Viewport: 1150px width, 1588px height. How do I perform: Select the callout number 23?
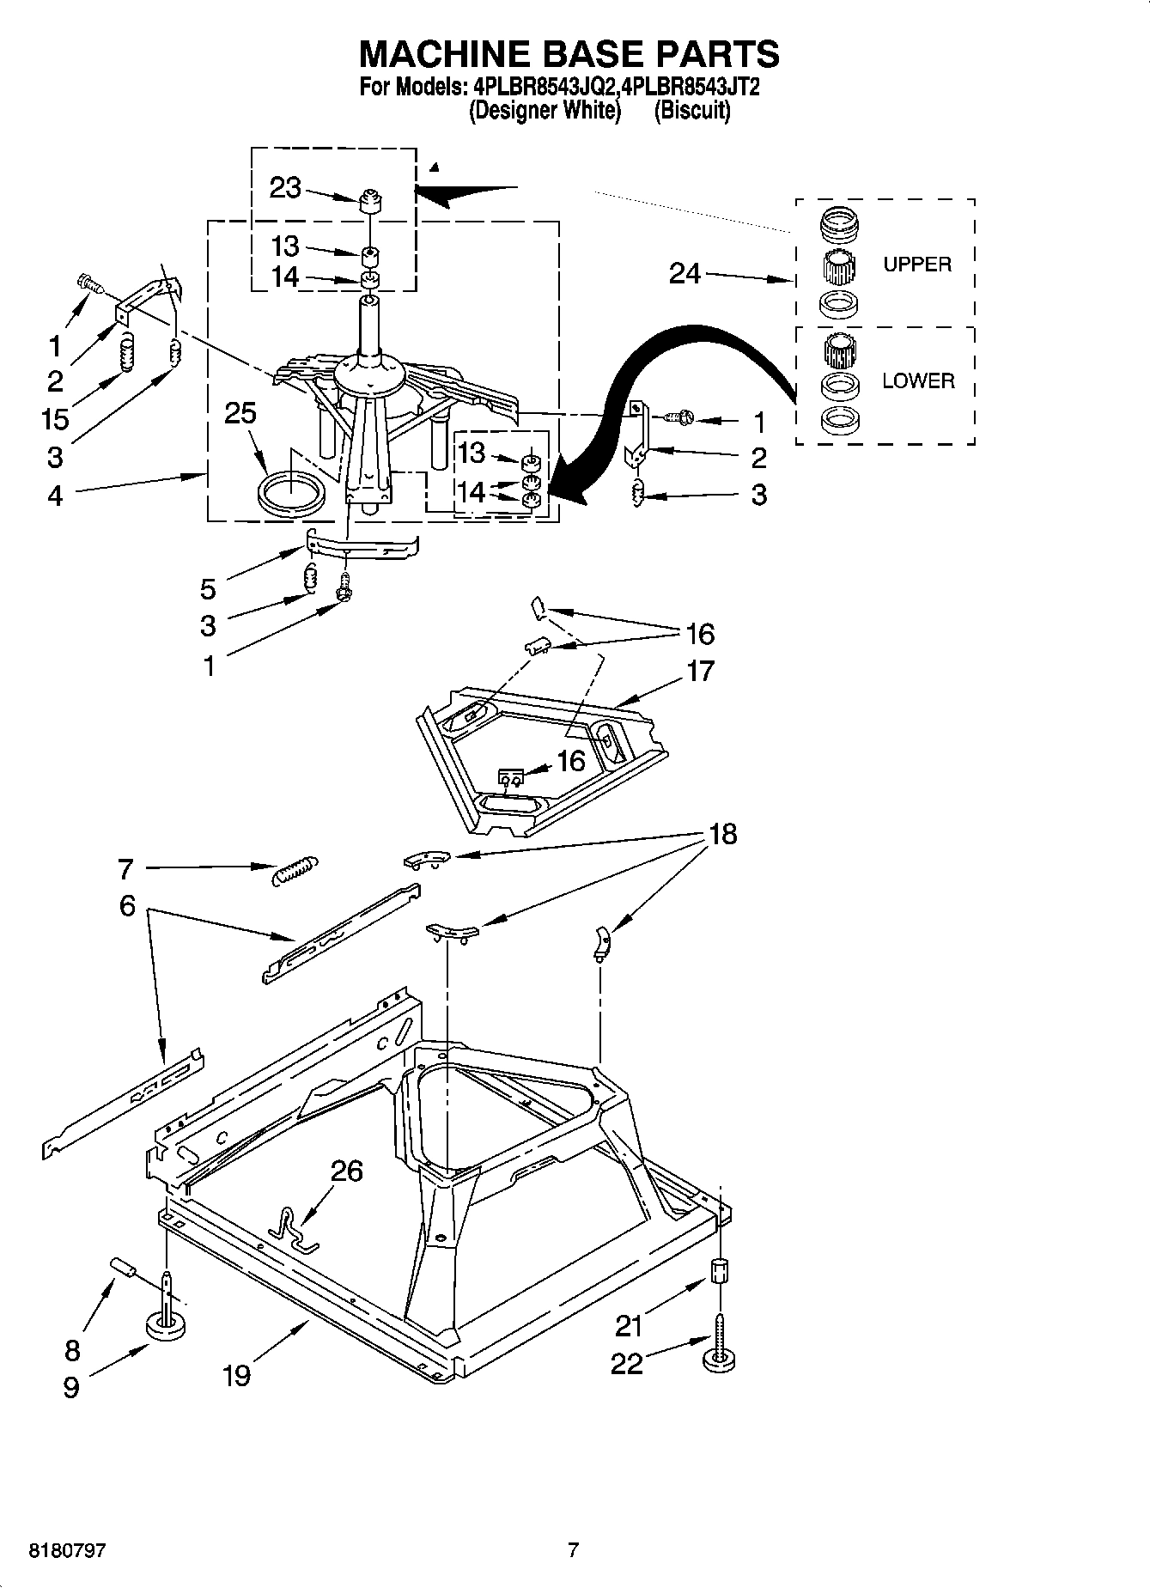pos(285,187)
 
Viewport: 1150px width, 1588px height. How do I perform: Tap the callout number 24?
pos(685,273)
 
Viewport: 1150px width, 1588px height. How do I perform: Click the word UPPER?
pos(917,265)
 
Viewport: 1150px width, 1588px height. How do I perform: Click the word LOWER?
pos(918,380)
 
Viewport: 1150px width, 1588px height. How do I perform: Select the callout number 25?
pos(240,413)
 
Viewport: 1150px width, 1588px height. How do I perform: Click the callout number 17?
pos(700,671)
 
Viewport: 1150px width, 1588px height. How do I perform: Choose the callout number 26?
pos(347,1171)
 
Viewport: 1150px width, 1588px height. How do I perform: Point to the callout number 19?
pos(236,1375)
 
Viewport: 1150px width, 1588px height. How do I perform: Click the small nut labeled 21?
pos(721,1270)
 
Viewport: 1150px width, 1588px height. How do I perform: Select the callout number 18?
pos(722,833)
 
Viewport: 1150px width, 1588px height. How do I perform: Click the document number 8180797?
pos(68,1550)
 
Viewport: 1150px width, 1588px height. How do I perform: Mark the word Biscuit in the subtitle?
pos(692,110)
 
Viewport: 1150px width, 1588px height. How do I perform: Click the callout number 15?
pos(54,419)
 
